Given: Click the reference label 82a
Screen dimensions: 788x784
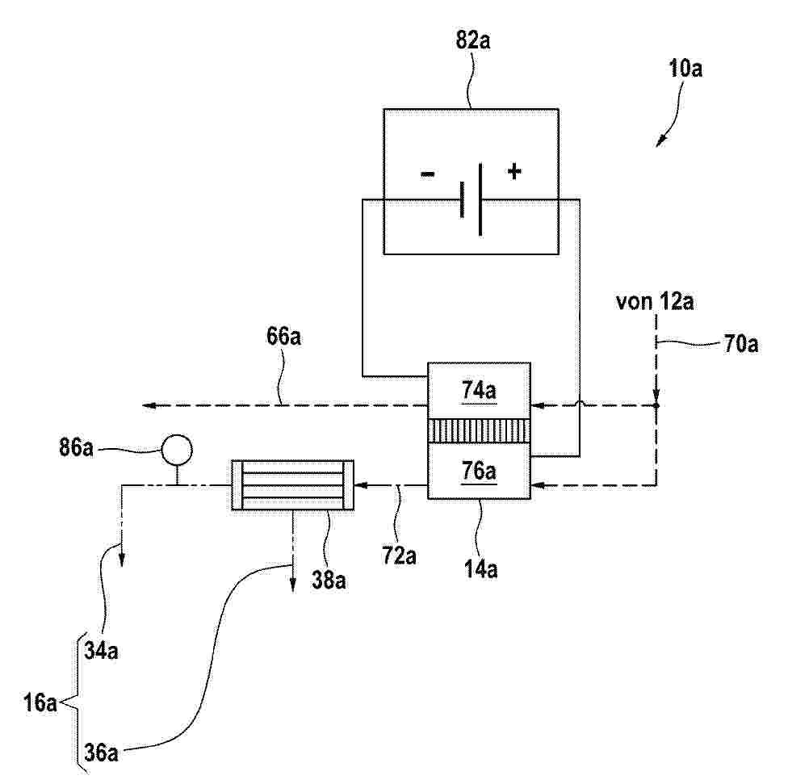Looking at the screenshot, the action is (x=473, y=40).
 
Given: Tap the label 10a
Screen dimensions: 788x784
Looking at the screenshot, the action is (x=685, y=68).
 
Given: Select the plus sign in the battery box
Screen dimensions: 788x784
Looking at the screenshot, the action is (x=514, y=172).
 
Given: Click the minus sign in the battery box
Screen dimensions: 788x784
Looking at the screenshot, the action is (x=428, y=174).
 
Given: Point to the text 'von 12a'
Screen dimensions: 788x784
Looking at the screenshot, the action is (x=655, y=301).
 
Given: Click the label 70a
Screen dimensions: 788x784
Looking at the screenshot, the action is (x=741, y=344).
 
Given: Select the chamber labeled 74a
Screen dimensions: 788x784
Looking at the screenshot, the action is (x=479, y=391).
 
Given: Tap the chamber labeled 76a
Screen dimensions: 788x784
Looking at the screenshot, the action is (x=479, y=472).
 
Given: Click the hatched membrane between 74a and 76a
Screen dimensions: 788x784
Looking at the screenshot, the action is (x=479, y=430).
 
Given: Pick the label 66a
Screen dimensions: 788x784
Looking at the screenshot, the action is (x=284, y=336).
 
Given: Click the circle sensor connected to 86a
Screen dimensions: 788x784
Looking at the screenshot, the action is (x=176, y=450).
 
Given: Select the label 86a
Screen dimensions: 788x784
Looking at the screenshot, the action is (x=76, y=447).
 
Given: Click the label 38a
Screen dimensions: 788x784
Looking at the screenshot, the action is (x=329, y=580).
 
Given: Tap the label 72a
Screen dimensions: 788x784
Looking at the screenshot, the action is (x=399, y=556).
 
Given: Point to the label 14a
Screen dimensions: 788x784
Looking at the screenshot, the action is (x=481, y=569).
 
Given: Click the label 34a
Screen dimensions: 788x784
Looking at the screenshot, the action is (x=101, y=651).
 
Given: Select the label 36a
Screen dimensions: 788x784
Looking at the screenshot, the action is (x=101, y=753).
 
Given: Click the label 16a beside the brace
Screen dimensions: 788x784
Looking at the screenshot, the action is (x=40, y=702).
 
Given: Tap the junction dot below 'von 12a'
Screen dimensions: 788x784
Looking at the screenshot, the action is (x=656, y=405).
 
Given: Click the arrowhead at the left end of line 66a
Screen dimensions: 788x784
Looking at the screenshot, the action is (x=149, y=405).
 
